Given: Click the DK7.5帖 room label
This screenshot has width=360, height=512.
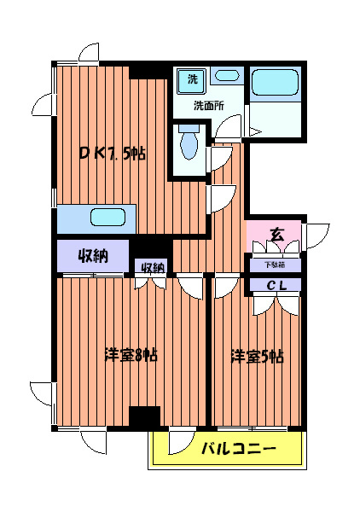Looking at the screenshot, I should (112, 154).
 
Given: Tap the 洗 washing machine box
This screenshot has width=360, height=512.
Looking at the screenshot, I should (186, 80).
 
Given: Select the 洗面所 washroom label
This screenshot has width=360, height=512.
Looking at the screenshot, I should (207, 107).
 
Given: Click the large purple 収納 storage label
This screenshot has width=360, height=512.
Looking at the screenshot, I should (93, 256).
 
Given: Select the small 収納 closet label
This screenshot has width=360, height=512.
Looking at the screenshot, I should (152, 268).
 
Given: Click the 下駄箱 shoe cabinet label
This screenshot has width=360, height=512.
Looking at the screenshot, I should (275, 264).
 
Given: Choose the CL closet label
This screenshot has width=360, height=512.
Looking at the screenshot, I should (275, 285).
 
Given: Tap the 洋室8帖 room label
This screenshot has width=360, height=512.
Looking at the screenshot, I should (130, 355).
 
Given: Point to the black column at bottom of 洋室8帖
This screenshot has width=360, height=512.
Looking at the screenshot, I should (145, 417).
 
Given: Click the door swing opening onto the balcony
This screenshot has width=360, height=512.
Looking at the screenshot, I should (180, 442).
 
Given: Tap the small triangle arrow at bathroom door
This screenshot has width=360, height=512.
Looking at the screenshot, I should (254, 131).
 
